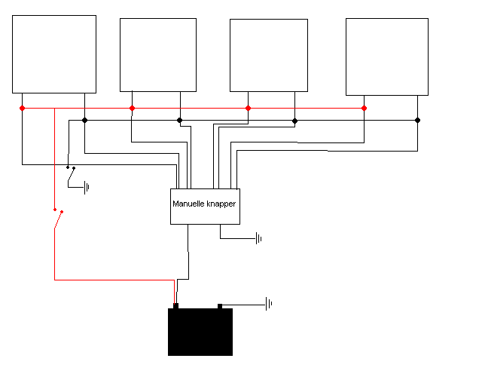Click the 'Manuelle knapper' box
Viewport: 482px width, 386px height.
pos(205,207)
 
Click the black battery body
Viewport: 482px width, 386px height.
pos(200,332)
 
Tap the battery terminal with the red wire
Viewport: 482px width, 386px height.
pos(175,305)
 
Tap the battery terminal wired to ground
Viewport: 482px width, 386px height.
pos(220,306)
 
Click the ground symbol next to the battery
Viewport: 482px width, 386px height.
pos(269,304)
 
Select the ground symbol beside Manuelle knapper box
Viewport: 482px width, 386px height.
pos(258,238)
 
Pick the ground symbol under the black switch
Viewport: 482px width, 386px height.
pos(87,188)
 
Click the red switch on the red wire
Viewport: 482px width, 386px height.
pos(58,219)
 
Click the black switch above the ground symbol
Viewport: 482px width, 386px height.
pos(71,174)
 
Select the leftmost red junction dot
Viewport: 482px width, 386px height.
pos(22,108)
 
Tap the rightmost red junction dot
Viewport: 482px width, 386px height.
pos(364,108)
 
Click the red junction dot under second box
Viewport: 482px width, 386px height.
pos(132,108)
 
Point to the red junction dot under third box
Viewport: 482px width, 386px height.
pos(248,108)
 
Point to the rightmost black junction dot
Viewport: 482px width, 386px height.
pos(417,120)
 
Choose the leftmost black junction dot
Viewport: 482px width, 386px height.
pos(84,120)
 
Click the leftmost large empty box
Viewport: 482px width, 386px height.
pos(54,54)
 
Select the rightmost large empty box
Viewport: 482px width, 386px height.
pos(387,57)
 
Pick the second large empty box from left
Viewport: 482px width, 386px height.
pos(158,55)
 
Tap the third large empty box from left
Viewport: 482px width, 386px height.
pos(269,55)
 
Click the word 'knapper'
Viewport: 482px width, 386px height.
pos(221,204)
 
